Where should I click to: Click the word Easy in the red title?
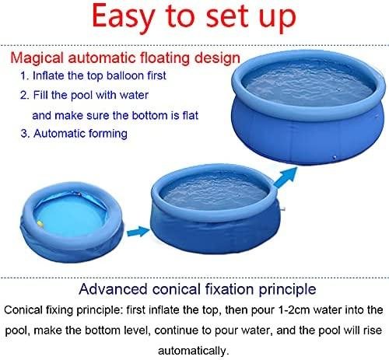tap(124, 17)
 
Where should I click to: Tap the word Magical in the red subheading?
tap(37, 58)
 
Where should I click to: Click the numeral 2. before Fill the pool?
tap(25, 96)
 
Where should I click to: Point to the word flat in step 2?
tap(190, 115)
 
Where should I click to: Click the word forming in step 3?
tap(108, 135)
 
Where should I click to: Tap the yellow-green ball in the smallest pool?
tap(40, 224)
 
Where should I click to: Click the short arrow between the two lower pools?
tap(138, 232)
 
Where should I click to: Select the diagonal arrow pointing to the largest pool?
tap(286, 177)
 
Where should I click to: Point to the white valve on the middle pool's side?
tap(283, 208)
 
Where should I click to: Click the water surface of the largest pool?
tap(309, 84)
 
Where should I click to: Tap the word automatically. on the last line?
tap(194, 351)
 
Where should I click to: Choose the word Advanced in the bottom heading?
tap(114, 289)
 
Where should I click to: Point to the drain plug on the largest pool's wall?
tap(335, 157)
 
